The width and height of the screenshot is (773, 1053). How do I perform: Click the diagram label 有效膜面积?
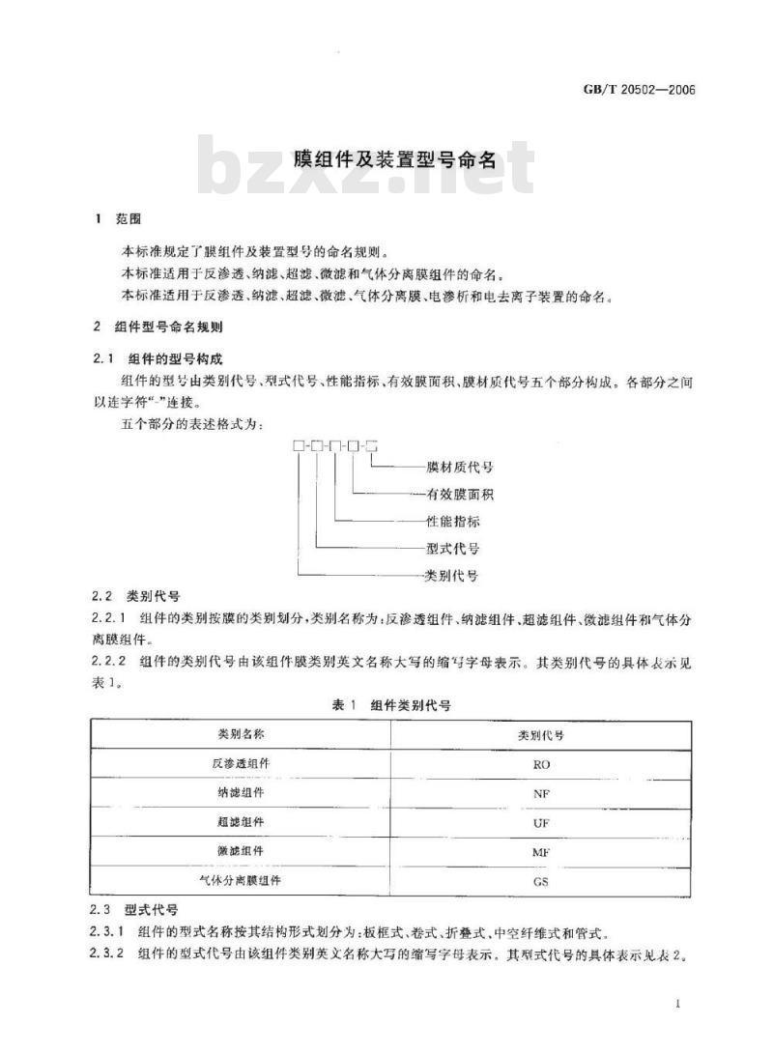(x=460, y=495)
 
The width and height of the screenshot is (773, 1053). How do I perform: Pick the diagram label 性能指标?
(x=453, y=522)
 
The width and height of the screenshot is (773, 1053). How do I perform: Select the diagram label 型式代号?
(x=453, y=549)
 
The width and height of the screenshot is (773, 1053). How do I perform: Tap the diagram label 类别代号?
(x=453, y=576)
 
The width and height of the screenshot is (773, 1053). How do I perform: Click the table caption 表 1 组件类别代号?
(x=390, y=706)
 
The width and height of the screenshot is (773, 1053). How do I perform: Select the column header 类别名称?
(x=242, y=734)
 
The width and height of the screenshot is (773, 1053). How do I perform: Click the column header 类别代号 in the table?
(x=541, y=734)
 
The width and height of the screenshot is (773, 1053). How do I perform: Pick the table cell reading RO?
(x=541, y=764)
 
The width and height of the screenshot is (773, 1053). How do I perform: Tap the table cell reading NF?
(x=541, y=793)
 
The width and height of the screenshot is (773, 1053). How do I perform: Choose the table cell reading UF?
(x=541, y=823)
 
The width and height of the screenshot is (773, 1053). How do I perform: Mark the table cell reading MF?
(x=541, y=853)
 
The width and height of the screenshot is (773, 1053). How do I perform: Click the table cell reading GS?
(x=541, y=882)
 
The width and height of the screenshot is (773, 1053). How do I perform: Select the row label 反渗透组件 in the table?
(x=242, y=763)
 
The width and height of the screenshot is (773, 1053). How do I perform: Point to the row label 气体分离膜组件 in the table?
(x=242, y=881)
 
